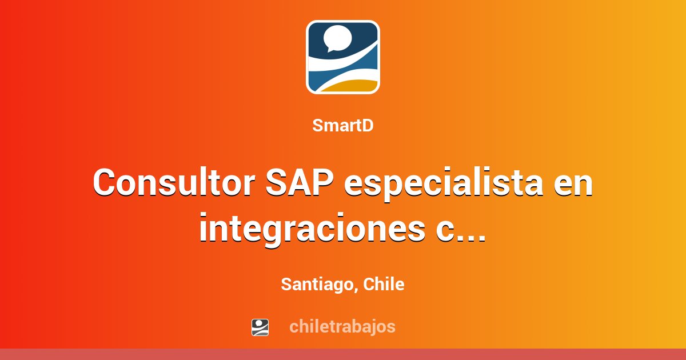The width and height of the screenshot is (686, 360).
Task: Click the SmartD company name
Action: tap(343, 126)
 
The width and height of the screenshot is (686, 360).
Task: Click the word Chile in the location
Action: tap(384, 284)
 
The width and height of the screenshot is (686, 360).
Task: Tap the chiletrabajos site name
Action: tap(342, 326)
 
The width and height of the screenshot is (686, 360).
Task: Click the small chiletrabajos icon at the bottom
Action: tap(260, 327)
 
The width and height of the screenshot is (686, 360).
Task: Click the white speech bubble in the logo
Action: tap(337, 38)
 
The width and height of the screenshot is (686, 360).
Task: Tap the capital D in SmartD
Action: tap(368, 126)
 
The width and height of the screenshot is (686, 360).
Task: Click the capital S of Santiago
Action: tap(286, 284)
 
